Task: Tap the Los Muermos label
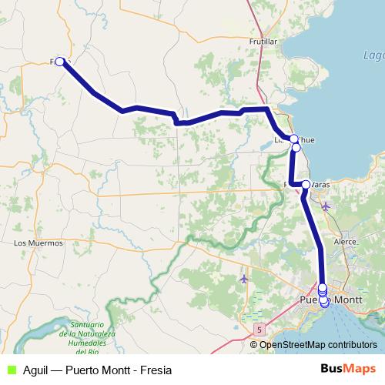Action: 38,243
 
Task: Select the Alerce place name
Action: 345,241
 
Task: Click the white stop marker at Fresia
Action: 60,61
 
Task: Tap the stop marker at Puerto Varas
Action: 306,185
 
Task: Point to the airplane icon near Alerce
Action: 326,206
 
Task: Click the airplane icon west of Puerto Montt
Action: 245,278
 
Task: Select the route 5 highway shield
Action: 261,329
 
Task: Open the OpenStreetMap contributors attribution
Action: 318,344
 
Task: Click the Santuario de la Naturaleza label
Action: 92,329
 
